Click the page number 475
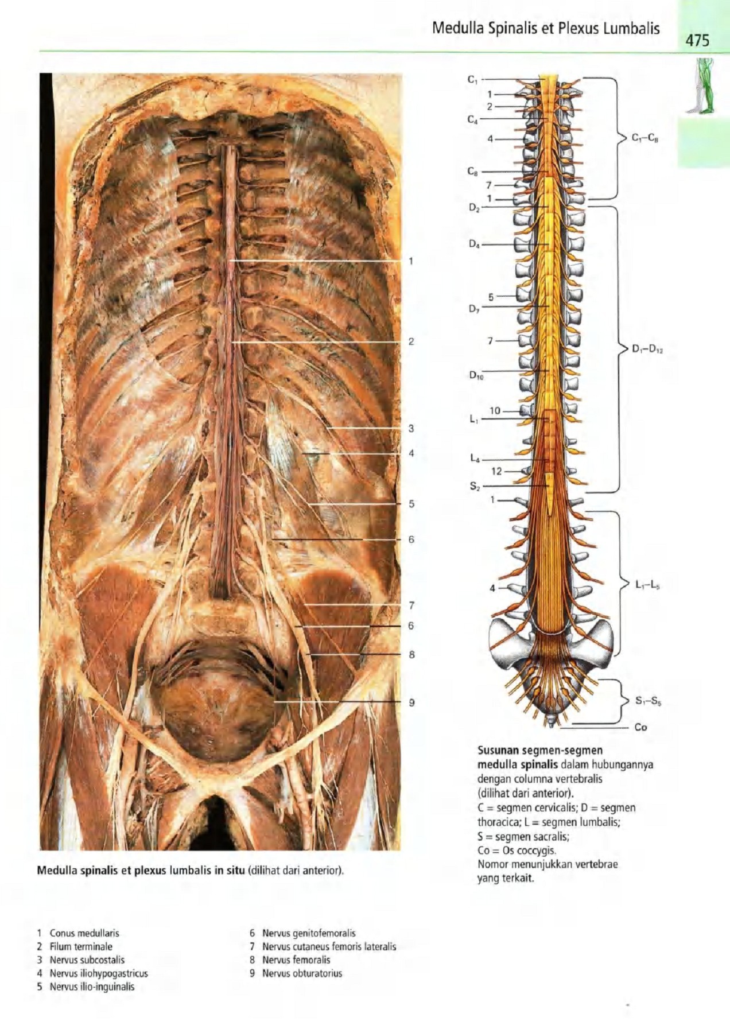pos(696,40)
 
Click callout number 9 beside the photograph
pos(411,702)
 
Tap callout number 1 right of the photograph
pos(411,261)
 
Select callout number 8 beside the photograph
pos(411,654)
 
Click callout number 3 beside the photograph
pos(411,428)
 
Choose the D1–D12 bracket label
pos(648,348)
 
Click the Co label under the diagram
pos(640,727)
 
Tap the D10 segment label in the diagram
pos(476,376)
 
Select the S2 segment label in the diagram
pos(474,486)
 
